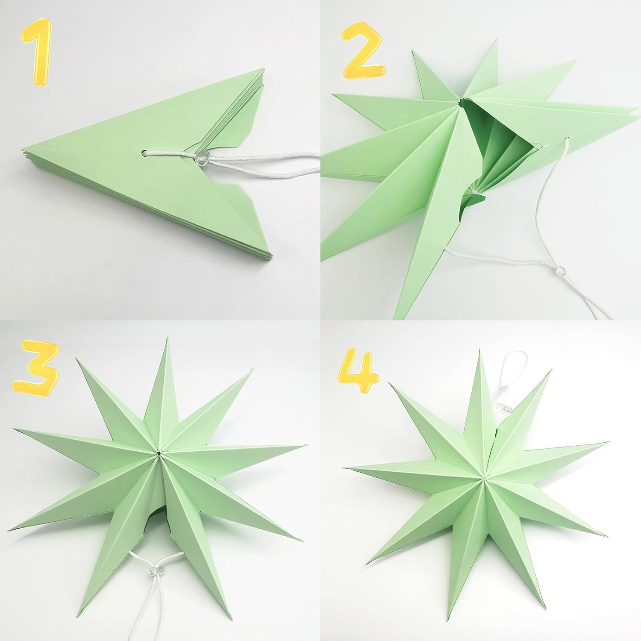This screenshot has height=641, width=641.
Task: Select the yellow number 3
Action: (35, 367)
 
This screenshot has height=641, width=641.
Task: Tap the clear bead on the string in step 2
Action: (561, 271)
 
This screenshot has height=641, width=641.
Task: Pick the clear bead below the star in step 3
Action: (153, 571)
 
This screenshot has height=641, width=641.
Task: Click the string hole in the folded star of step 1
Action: (144, 151)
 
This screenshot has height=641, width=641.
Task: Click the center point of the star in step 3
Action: (159, 453)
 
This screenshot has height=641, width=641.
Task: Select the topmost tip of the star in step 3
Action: (167, 338)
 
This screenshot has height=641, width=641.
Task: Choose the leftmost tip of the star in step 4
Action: (344, 468)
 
